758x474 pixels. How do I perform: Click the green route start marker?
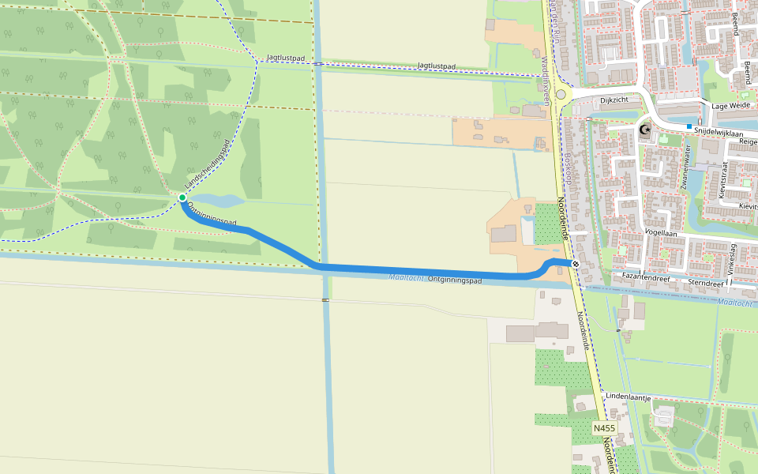[x=182, y=197]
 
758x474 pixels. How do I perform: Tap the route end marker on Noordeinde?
[x=576, y=265]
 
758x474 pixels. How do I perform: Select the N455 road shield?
[x=604, y=427]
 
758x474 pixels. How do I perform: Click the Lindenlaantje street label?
[x=628, y=397]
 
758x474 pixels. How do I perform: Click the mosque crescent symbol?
[x=645, y=130]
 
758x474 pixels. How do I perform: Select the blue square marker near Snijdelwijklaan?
[x=689, y=126]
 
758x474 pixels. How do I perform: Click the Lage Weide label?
[x=730, y=105]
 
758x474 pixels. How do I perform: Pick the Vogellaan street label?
[x=661, y=233]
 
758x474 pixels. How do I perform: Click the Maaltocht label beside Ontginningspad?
[x=407, y=277]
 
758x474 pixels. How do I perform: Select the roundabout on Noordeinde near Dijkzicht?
[x=561, y=95]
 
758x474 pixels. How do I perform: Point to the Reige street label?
[x=747, y=141]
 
